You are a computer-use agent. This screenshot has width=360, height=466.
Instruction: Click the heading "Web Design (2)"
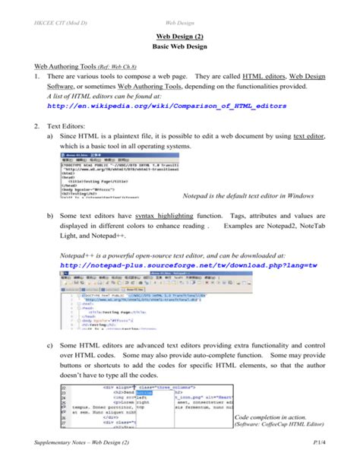[x=180, y=34]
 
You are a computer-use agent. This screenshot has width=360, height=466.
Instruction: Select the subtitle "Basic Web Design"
[x=180, y=46]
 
